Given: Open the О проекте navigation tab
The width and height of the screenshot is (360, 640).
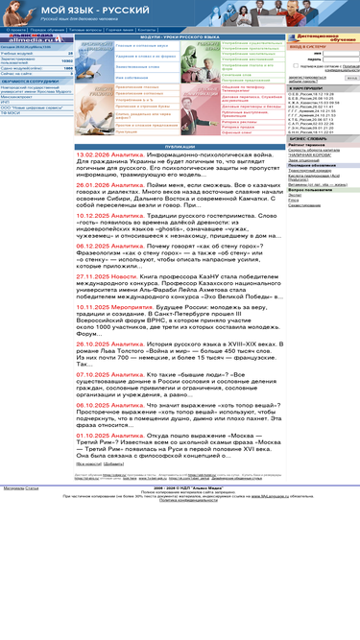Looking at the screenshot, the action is tap(16, 30).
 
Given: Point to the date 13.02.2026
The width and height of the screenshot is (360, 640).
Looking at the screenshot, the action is tap(96, 154).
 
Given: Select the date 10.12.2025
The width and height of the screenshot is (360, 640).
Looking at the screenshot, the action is tap(96, 216).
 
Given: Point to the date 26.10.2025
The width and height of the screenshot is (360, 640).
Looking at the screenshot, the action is tap(96, 344).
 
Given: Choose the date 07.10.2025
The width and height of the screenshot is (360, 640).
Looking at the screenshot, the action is tap(96, 373).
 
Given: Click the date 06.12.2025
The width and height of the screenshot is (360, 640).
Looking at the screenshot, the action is tap(96, 246).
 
